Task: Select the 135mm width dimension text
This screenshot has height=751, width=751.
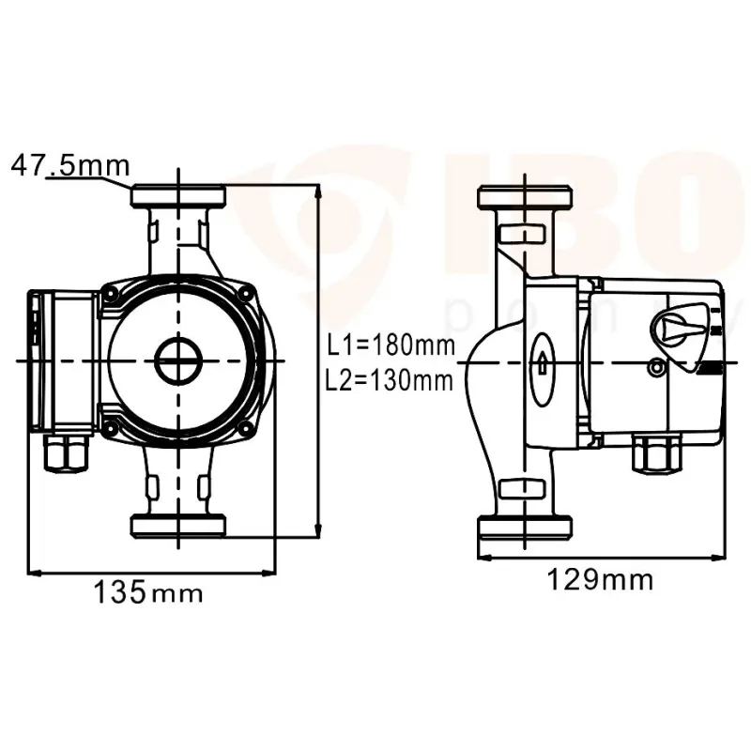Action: click(x=147, y=592)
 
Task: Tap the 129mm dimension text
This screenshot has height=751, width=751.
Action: click(x=600, y=579)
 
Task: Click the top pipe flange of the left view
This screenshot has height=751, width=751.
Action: click(x=177, y=197)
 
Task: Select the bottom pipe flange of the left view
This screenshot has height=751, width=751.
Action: click(x=177, y=527)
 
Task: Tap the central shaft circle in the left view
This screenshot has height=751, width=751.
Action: click(x=177, y=360)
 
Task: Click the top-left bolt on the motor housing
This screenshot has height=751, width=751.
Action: click(x=112, y=294)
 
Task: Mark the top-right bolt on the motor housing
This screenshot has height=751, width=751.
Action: click(x=248, y=294)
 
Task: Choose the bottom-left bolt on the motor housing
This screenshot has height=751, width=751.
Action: click(x=112, y=429)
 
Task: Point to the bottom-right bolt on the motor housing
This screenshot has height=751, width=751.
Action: click(x=248, y=429)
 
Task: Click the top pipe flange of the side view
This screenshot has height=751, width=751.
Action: click(x=525, y=198)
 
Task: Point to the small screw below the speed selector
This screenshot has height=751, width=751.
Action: click(x=654, y=370)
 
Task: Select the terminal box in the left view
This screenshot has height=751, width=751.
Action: click(x=62, y=360)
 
